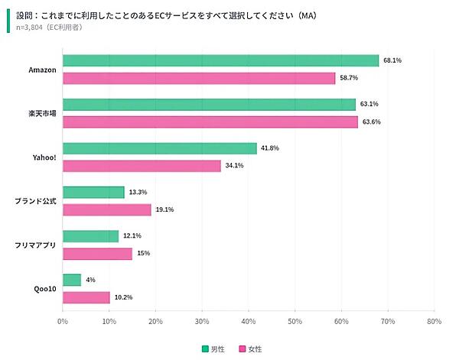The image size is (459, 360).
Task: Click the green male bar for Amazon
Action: pos(220,60)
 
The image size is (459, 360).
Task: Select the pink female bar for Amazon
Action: pos(199,78)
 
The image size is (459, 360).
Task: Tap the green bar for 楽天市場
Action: pos(209,105)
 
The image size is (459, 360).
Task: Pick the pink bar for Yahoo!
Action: pos(142,166)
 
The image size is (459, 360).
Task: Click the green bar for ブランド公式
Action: pos(93,193)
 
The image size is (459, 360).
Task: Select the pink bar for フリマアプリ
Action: pos(97,254)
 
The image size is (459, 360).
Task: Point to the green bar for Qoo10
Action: pos(72,281)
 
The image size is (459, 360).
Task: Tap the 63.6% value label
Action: pos(371,122)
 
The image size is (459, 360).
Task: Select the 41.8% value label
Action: pos(269,148)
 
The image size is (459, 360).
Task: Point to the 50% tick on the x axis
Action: pos(295,322)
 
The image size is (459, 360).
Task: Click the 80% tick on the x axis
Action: pos(434,322)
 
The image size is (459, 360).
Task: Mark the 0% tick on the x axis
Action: pos(63,322)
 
